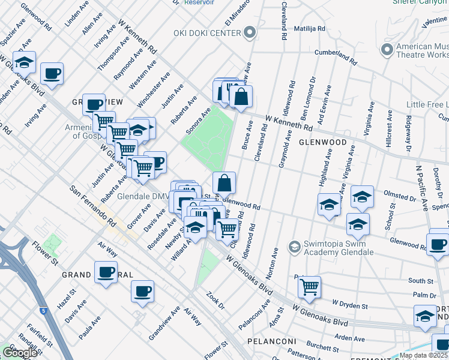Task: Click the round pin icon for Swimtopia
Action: (x=294, y=247)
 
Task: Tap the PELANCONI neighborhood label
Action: (x=272, y=341)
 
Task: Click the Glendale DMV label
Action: (x=143, y=196)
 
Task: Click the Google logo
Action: (x=20, y=353)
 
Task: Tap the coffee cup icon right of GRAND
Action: (x=106, y=272)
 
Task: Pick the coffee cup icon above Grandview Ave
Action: (x=143, y=292)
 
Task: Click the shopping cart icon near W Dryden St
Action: (x=309, y=287)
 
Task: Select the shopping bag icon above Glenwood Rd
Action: (x=224, y=182)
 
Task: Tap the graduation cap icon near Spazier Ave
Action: (x=24, y=62)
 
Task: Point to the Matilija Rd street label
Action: (x=309, y=28)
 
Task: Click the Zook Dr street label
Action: (x=214, y=301)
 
